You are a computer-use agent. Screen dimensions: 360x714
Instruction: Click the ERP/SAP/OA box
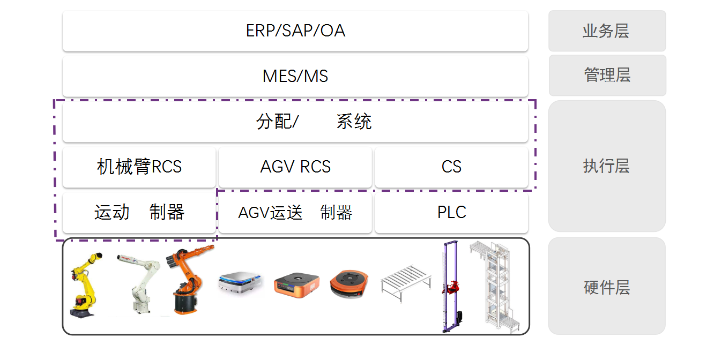tap(295, 31)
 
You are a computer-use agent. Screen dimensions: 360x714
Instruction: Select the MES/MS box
tap(295, 76)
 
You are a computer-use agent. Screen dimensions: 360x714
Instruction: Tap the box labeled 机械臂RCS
tap(139, 167)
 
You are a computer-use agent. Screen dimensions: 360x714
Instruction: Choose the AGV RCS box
tap(295, 167)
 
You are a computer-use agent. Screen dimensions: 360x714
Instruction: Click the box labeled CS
tap(451, 167)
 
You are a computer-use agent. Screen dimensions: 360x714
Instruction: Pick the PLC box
tap(451, 213)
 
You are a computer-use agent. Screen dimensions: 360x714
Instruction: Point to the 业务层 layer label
tap(606, 31)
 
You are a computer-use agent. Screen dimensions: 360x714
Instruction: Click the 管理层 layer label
tap(607, 76)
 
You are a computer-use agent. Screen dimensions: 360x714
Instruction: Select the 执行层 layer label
tap(606, 166)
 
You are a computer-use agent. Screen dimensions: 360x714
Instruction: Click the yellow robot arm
tap(84, 284)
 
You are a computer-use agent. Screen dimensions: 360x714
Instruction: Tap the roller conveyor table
tap(406, 279)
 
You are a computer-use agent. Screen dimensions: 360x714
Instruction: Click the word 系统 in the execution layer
tap(354, 122)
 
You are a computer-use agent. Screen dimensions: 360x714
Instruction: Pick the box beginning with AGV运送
tap(295, 213)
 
